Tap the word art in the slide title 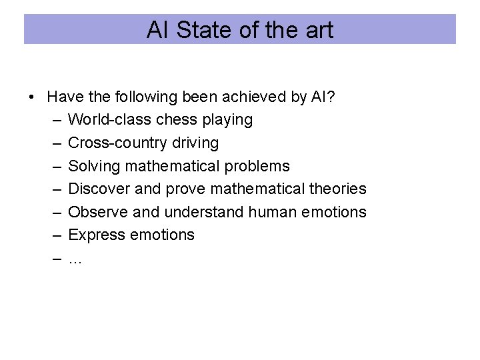(x=318, y=30)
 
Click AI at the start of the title (x=158, y=30)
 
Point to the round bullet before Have (x=32, y=97)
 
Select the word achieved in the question (x=257, y=97)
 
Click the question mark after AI (x=331, y=97)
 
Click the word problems (x=259, y=166)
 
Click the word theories (x=337, y=189)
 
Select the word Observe (x=98, y=212)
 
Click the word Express (x=95, y=235)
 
